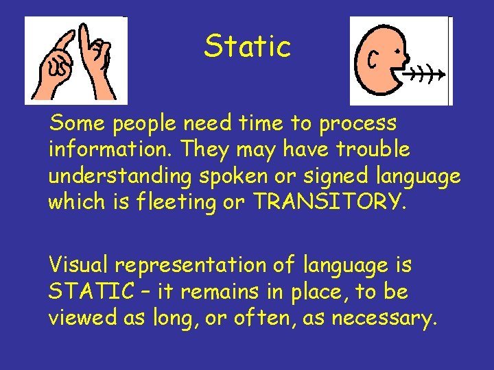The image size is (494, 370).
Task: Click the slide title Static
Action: click(247, 47)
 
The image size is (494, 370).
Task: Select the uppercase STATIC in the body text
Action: click(91, 293)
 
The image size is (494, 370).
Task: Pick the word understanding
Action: click(119, 176)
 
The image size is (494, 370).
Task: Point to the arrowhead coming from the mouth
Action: click(442, 73)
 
